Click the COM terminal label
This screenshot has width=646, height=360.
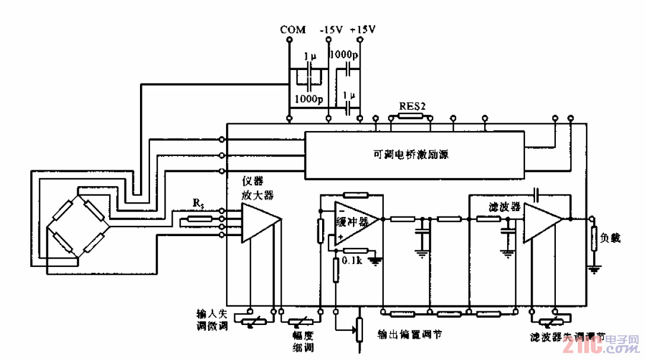(293, 30)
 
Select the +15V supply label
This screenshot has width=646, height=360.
(363, 30)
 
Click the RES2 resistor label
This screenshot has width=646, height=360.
(412, 106)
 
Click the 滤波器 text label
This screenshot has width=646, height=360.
(504, 207)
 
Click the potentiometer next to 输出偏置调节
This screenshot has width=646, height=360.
(358, 329)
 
